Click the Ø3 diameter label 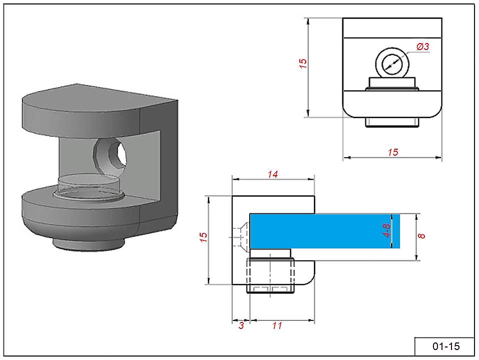(x=423, y=47)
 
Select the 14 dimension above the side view (x=272, y=174)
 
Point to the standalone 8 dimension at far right (x=422, y=234)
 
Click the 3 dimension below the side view (x=241, y=326)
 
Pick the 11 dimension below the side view (x=277, y=326)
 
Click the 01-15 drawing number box (x=445, y=346)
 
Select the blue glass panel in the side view (x=325, y=231)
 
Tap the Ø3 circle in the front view (x=392, y=64)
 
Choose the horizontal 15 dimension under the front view (x=393, y=152)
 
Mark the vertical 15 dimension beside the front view (x=303, y=64)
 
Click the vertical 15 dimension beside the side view (x=203, y=237)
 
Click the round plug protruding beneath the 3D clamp (x=88, y=244)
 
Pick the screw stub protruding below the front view (x=392, y=122)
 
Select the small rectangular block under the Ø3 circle (x=392, y=83)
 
